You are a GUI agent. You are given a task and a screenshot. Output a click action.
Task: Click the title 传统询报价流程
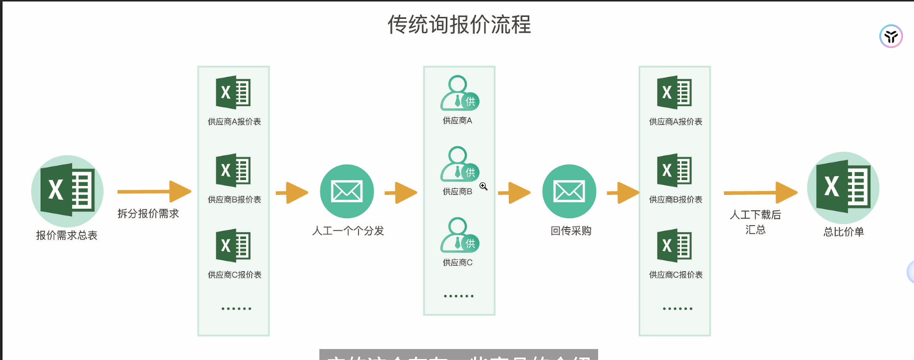(459, 25)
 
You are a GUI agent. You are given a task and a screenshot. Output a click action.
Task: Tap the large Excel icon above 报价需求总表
(67, 191)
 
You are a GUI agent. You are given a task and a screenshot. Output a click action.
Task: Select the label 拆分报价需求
(148, 214)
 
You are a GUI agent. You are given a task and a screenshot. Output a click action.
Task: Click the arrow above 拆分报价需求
(154, 191)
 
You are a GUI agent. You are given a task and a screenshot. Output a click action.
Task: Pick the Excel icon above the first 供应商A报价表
(233, 92)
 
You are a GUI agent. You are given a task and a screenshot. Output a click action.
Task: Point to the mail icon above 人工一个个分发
(347, 191)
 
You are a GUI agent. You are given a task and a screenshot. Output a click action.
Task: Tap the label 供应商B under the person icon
(457, 191)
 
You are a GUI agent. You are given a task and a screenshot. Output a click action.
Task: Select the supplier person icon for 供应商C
(459, 235)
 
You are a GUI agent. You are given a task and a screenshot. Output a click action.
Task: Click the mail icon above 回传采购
(569, 191)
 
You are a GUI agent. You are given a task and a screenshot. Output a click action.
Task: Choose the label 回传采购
(571, 231)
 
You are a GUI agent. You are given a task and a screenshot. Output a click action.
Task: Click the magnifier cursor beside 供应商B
(483, 186)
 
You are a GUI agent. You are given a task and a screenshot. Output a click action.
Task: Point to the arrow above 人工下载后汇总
(760, 192)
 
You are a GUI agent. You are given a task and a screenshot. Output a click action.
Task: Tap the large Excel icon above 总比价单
(843, 187)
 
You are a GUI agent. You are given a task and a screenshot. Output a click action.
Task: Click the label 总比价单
(844, 232)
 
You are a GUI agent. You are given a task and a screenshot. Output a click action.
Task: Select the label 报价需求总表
(66, 235)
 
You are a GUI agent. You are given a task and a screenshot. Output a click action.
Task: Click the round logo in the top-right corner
(891, 36)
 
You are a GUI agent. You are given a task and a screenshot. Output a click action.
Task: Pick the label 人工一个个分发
(348, 231)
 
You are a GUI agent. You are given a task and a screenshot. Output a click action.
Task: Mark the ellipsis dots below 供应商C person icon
(459, 296)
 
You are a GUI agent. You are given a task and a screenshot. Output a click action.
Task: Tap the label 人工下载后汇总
(755, 222)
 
